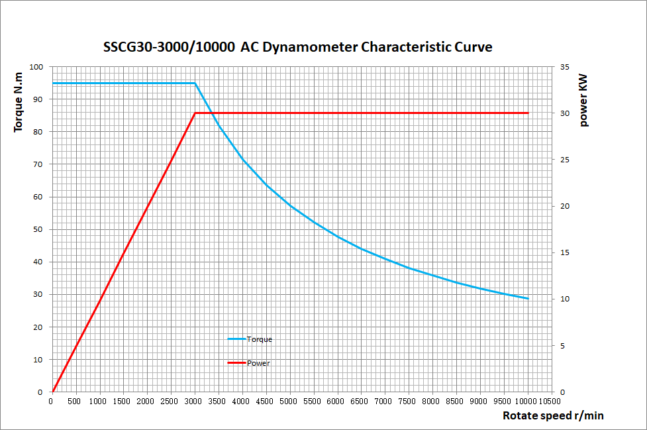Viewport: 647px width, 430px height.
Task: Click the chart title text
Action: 298,48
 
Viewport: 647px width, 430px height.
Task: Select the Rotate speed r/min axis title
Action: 553,416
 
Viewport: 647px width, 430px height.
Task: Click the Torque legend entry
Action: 259,339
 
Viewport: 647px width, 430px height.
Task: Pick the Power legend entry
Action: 258,363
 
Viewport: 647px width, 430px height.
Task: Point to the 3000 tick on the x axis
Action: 194,402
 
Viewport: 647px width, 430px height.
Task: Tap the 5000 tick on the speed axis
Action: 289,402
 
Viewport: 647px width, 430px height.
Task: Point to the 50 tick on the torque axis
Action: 38,229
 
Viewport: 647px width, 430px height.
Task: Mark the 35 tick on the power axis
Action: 564,67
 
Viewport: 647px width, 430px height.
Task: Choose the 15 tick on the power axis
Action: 564,252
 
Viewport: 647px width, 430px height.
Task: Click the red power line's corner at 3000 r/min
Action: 195,113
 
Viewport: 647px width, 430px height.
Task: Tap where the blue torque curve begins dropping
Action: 195,83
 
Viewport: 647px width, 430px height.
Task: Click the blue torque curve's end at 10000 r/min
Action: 528,299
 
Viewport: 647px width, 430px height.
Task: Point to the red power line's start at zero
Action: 52,392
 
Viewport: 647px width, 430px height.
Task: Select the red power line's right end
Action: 528,113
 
